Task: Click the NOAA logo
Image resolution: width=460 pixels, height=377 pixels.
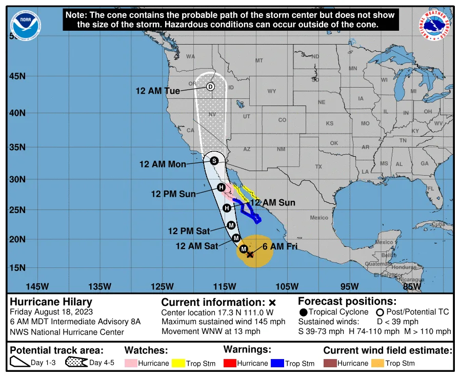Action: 26,25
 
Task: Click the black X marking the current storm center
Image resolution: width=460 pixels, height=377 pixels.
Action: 250,254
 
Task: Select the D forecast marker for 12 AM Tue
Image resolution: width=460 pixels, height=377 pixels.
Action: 210,87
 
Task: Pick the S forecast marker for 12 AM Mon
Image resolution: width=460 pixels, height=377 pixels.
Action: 214,160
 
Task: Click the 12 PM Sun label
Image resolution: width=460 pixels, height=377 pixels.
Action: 173,194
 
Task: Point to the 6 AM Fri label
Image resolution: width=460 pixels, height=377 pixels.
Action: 280,246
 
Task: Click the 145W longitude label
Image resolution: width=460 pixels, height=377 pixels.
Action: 37,286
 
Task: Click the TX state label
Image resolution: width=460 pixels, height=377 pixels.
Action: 318,167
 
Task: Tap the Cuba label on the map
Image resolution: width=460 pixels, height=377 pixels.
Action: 438,224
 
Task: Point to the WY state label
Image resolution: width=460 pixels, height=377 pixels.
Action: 272,91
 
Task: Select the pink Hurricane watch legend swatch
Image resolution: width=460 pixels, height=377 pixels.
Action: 131,363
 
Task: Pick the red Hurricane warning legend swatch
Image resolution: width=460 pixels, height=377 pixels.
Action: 230,363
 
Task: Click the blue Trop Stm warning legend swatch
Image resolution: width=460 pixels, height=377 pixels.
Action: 277,363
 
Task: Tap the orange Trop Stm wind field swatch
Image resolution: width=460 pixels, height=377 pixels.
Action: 377,363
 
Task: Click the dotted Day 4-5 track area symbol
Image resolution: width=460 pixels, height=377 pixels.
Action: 76,363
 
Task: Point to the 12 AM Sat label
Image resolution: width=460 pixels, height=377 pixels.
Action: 196,246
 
